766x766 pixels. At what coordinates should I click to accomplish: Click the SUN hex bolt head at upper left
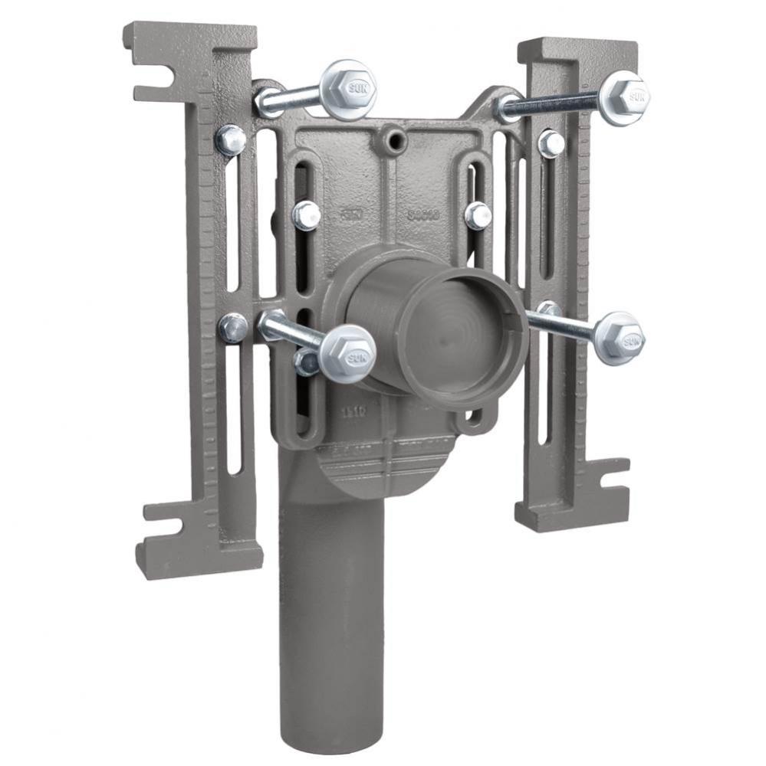(348, 90)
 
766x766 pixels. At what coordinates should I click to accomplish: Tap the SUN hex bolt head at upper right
(623, 97)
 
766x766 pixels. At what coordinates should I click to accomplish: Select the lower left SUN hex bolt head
(347, 353)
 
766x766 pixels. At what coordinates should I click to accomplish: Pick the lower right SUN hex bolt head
(619, 338)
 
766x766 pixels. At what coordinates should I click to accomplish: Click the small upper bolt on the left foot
(230, 140)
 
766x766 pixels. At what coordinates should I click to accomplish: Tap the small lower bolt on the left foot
(233, 328)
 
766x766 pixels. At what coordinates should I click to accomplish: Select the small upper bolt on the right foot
(551, 143)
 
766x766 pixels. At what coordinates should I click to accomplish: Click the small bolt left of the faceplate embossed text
(307, 215)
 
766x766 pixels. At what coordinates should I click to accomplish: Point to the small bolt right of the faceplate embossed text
(478, 216)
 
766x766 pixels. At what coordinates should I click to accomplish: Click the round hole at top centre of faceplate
(396, 139)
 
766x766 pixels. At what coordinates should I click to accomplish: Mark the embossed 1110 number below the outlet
(353, 411)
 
